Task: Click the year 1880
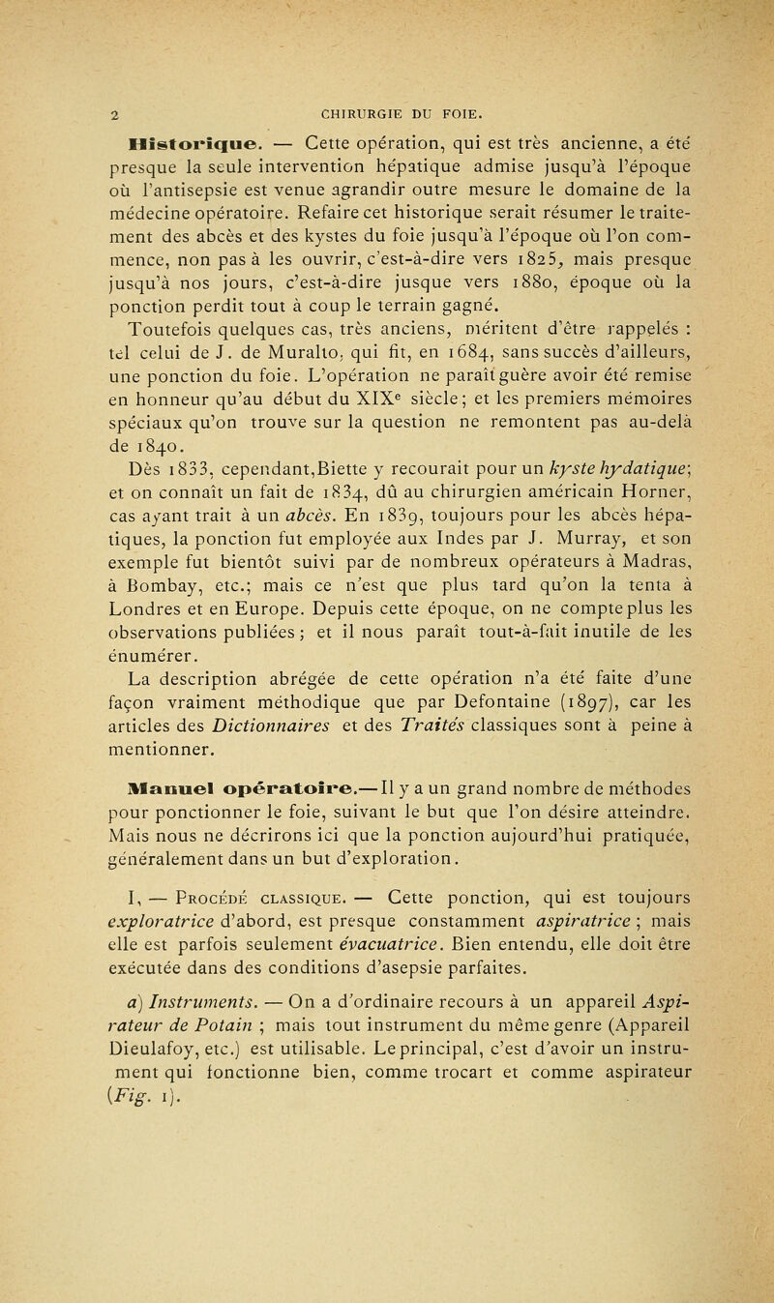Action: (x=491, y=287)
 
